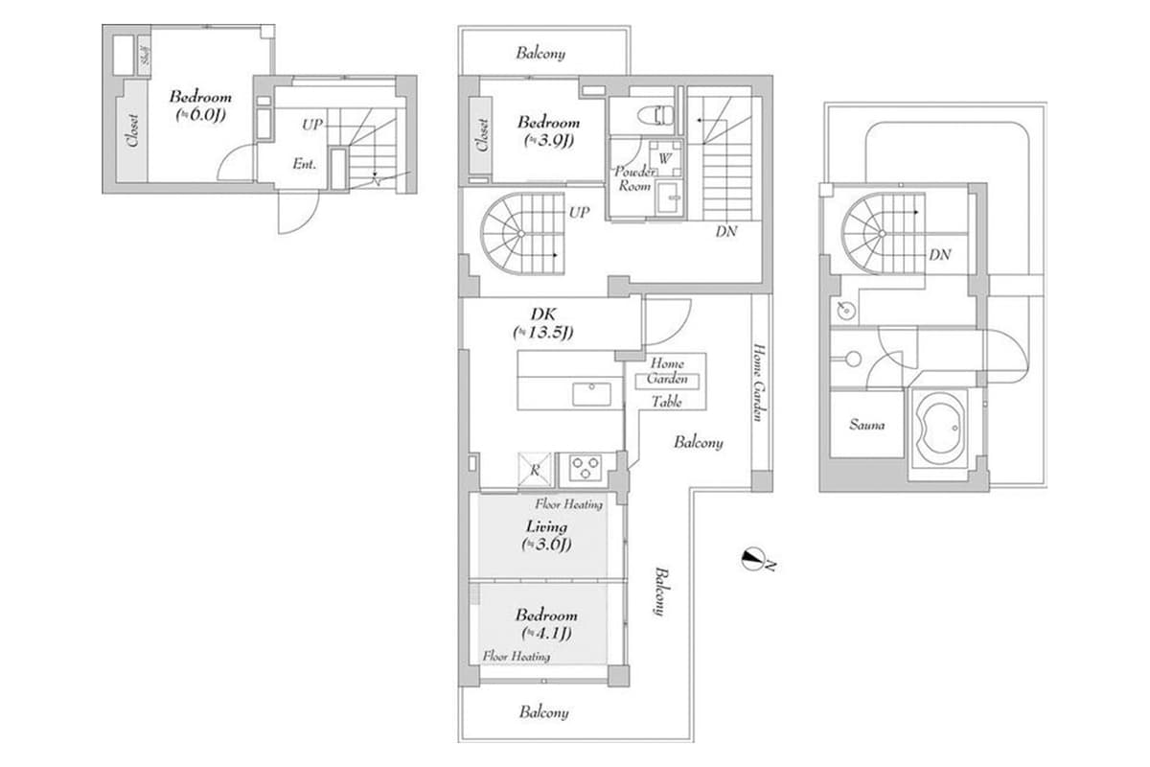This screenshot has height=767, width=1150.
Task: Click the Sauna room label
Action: [x=866, y=425]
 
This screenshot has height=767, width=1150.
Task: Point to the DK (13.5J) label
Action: [x=542, y=323]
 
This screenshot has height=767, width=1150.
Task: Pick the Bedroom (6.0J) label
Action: [x=200, y=105]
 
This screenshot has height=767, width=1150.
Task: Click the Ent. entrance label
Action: [x=305, y=164]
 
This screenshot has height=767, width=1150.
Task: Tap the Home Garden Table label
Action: [x=667, y=382]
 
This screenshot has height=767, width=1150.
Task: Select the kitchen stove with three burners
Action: [x=584, y=468]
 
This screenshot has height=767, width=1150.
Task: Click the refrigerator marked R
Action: [x=533, y=469]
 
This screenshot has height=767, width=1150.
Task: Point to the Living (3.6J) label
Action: [x=546, y=535]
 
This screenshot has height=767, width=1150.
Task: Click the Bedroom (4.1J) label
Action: [x=546, y=624]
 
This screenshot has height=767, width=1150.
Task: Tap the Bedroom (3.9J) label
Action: [x=548, y=131]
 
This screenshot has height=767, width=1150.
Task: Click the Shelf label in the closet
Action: [x=145, y=55]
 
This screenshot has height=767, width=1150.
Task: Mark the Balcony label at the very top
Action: [x=540, y=54]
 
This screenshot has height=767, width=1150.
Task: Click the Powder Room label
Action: [x=633, y=178]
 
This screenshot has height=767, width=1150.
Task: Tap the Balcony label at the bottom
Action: [x=544, y=712]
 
